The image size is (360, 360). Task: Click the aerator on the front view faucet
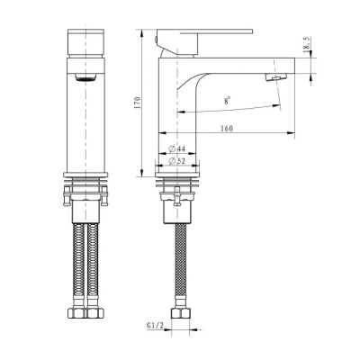click(x=86, y=78)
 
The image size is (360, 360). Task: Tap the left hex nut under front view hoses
click(x=76, y=314)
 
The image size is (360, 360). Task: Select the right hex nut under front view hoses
click(x=97, y=314)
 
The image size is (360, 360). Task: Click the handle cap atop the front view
click(x=86, y=42)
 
